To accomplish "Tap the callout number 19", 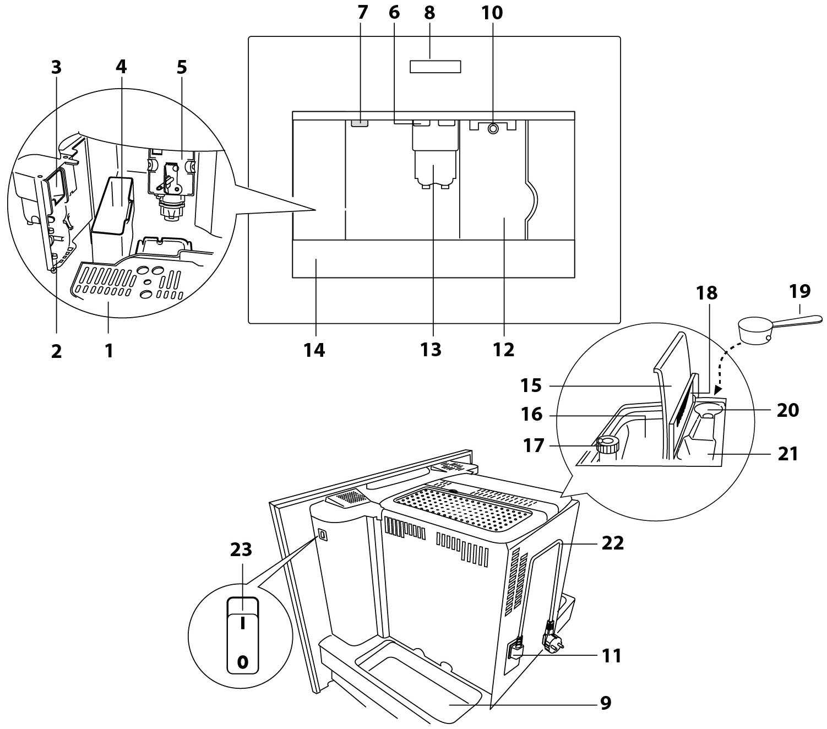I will coord(799,291).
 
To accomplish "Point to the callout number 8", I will coord(429,13).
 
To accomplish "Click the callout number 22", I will coord(612,543).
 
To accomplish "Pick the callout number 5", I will coord(182,67).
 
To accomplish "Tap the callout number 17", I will coord(532,444).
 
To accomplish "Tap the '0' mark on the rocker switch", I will coord(242,662).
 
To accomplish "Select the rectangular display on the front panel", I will coord(435,67).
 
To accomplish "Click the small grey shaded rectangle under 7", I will coord(358,123).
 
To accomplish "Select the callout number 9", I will coord(606,703).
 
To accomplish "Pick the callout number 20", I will coord(787,410).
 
